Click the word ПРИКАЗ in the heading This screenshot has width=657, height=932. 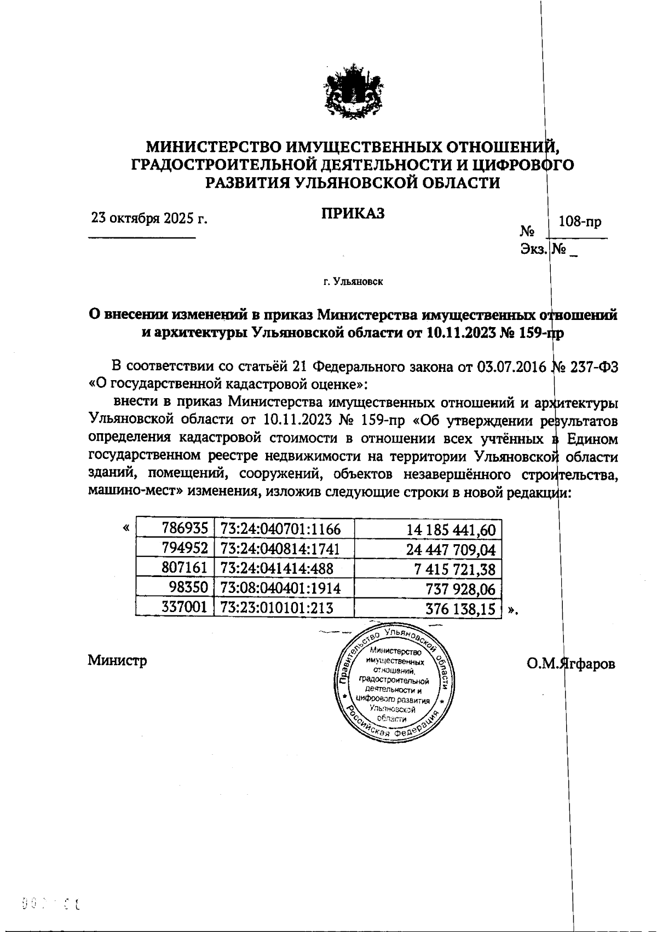(x=353, y=213)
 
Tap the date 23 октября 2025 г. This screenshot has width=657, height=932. (x=149, y=219)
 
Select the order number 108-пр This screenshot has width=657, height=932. (x=579, y=222)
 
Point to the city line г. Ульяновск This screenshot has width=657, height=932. (x=353, y=282)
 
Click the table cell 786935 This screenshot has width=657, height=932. (x=185, y=529)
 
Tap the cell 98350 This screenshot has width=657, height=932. (x=189, y=589)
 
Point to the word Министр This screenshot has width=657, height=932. (x=117, y=661)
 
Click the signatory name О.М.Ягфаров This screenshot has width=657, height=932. (x=571, y=663)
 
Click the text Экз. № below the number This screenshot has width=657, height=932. (x=545, y=250)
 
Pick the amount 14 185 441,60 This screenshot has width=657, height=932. (x=451, y=529)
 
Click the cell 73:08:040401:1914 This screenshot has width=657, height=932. (x=280, y=589)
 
